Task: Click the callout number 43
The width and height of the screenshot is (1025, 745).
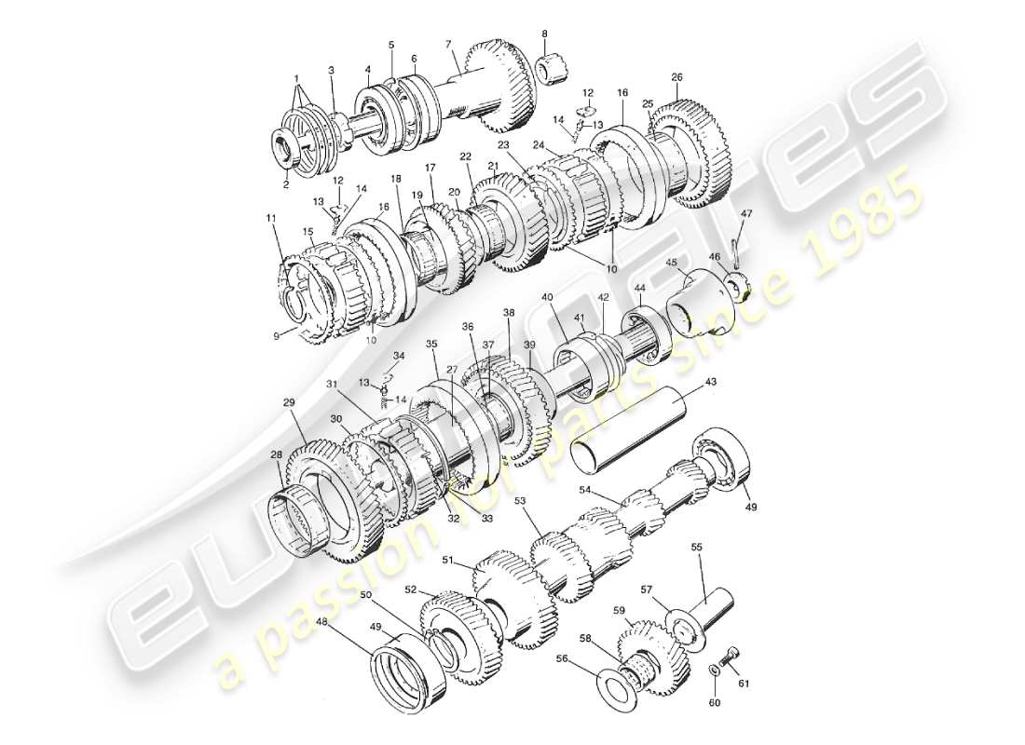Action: tap(710, 383)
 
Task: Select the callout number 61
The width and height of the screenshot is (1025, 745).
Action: tap(744, 684)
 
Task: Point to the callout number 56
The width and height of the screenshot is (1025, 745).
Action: tap(587, 657)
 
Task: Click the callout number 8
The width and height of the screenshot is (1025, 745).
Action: tap(544, 34)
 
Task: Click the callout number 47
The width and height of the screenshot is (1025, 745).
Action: tap(745, 215)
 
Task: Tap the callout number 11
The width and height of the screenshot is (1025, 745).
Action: tap(270, 218)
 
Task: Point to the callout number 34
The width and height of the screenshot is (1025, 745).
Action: tap(399, 356)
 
